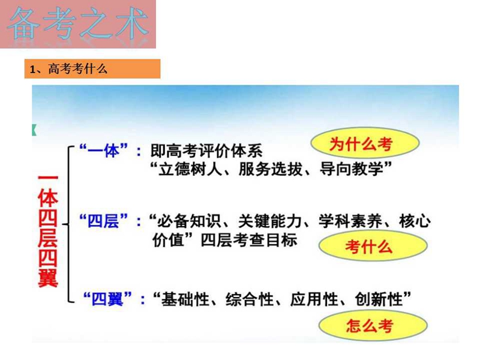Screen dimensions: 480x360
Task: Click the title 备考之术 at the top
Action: tap(78, 24)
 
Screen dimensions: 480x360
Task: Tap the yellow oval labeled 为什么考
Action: tap(365, 143)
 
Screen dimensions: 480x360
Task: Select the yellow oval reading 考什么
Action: tap(373, 246)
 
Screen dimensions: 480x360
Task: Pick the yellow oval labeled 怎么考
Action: tap(373, 325)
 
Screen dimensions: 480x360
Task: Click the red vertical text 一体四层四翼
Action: tap(48, 232)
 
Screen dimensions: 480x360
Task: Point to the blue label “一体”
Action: tap(103, 151)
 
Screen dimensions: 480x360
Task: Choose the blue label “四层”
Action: tap(103, 221)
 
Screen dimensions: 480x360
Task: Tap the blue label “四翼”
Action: tap(107, 299)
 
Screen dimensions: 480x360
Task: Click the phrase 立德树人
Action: tap(190, 169)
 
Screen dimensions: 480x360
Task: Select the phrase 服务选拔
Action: tap(271, 169)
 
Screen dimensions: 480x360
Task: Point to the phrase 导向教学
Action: tap(351, 169)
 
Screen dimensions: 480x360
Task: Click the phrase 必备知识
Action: tap(189, 221)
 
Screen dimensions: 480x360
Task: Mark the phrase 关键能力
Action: tap(269, 221)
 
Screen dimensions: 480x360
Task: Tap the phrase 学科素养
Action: tap(350, 221)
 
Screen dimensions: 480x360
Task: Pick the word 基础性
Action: tap(185, 299)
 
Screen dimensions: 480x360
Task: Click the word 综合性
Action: tap(250, 299)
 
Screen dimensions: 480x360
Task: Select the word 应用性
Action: tap(314, 299)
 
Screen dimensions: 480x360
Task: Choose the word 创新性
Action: tap(379, 299)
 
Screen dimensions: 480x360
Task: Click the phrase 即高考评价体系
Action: tap(206, 151)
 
